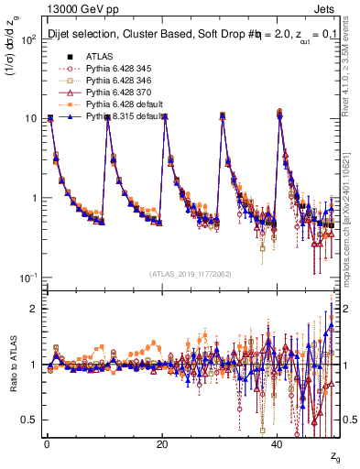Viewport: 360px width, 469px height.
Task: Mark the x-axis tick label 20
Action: (x=162, y=444)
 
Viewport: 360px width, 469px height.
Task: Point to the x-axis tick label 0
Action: (x=46, y=444)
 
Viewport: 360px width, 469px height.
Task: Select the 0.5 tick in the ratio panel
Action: (x=27, y=420)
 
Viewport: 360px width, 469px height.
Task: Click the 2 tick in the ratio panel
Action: (x=32, y=309)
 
